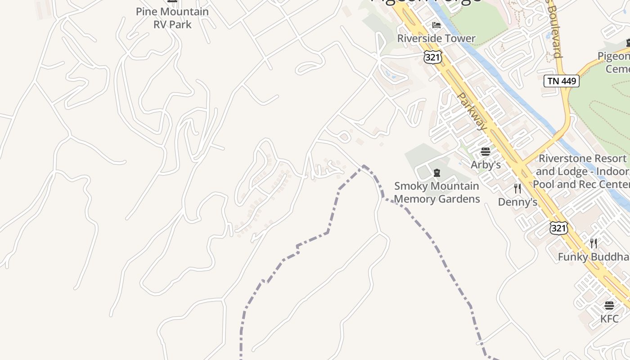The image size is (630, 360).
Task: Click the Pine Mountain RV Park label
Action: pyautogui.click(x=172, y=18)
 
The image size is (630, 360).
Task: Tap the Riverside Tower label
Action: pyautogui.click(x=436, y=39)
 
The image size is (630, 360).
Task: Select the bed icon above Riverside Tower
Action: pyautogui.click(x=436, y=25)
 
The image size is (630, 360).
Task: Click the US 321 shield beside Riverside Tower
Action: pyautogui.click(x=432, y=57)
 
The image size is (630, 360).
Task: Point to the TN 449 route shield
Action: pyautogui.click(x=561, y=81)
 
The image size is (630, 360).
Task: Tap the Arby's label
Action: pyautogui.click(x=486, y=165)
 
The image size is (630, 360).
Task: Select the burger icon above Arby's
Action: pyautogui.click(x=485, y=152)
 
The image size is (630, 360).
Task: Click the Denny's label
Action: pyautogui.click(x=517, y=202)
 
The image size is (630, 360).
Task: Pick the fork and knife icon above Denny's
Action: pyautogui.click(x=517, y=189)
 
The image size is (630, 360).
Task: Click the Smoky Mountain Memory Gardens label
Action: pyautogui.click(x=436, y=193)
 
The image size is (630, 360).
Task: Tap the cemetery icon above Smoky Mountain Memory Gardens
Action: pyautogui.click(x=436, y=172)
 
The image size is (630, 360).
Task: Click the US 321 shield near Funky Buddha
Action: pyautogui.click(x=558, y=228)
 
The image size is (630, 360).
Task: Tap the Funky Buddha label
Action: pyautogui.click(x=594, y=257)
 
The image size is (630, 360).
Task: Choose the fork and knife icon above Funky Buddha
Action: pyautogui.click(x=594, y=243)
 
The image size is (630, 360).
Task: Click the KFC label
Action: pyautogui.click(x=609, y=319)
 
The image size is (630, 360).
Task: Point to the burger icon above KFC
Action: pyautogui.click(x=609, y=306)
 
